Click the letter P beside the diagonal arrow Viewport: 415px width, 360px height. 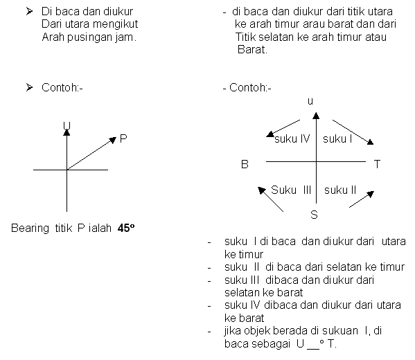tap(123, 138)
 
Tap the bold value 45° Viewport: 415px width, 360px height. tap(126, 228)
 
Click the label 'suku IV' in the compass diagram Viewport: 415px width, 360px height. tap(292, 138)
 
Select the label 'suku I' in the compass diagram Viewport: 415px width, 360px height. tap(337, 138)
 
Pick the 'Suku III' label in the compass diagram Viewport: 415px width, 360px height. tap(291, 190)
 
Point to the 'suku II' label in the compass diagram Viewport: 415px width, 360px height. tap(340, 190)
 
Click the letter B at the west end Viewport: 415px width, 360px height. tap(245, 164)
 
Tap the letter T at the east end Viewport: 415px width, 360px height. tap(377, 164)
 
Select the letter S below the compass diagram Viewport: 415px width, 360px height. tap(314, 215)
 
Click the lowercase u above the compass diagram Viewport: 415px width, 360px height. tap(310, 101)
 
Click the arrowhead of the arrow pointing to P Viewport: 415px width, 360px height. tap(113, 140)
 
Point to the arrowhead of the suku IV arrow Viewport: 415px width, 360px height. tap(270, 134)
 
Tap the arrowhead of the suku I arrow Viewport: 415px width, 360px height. tap(370, 142)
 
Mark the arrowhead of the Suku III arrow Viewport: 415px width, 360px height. tap(261, 190)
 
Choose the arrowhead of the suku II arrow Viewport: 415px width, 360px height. tap(370, 194)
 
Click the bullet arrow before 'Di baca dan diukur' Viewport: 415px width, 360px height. tap(29, 11)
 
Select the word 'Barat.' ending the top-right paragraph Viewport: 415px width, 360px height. tap(252, 49)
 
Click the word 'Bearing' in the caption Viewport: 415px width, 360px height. tap(30, 228)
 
